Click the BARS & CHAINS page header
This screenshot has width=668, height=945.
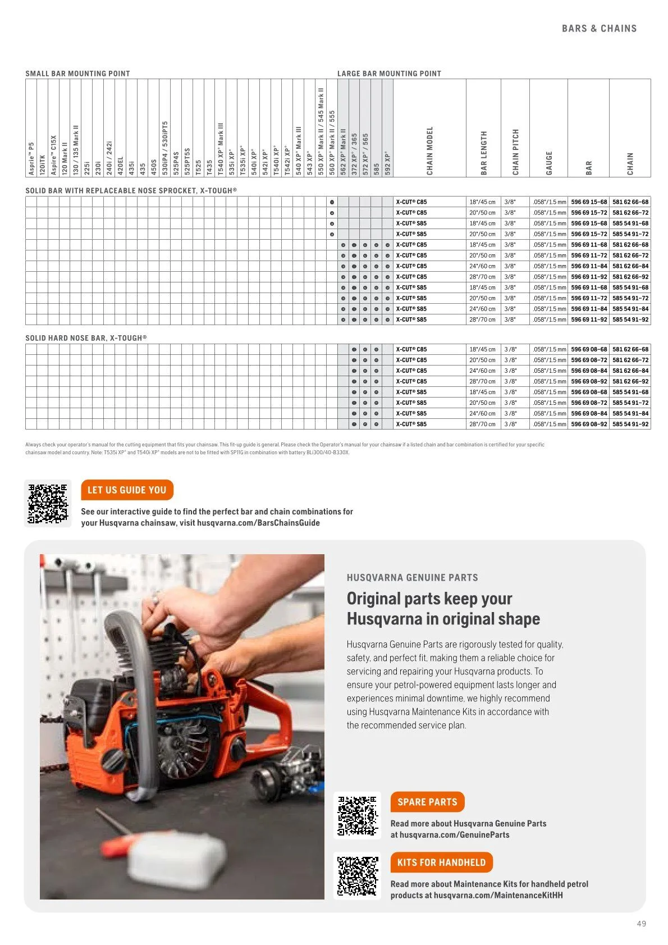pyautogui.click(x=599, y=29)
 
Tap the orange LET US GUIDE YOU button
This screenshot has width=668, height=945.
pyautogui.click(x=127, y=490)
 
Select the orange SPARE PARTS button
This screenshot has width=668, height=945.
pyautogui.click(x=427, y=802)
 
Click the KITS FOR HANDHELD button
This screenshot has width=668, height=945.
pyautogui.click(x=441, y=862)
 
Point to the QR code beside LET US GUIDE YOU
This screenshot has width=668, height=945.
pyautogui.click(x=48, y=504)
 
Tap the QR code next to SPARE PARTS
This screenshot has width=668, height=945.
pyautogui.click(x=358, y=815)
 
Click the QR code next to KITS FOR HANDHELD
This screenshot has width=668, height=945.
pyautogui.click(x=358, y=876)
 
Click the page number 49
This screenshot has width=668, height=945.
pyautogui.click(x=642, y=924)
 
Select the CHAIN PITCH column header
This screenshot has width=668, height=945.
pyautogui.click(x=515, y=152)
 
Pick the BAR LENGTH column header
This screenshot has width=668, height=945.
pyautogui.click(x=483, y=153)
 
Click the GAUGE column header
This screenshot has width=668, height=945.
pyautogui.click(x=549, y=163)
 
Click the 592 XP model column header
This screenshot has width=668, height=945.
pyautogui.click(x=387, y=163)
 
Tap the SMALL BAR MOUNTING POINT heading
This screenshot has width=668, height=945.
pyautogui.click(x=77, y=74)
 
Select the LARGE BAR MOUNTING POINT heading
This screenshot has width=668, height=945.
pyautogui.click(x=389, y=74)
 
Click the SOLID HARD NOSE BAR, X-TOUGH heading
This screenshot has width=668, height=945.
pyautogui.click(x=86, y=338)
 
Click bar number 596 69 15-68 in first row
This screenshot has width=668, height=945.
pyautogui.click(x=589, y=202)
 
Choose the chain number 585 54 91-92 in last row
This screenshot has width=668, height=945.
pyautogui.click(x=630, y=424)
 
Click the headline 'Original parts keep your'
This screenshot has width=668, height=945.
pyautogui.click(x=429, y=599)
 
